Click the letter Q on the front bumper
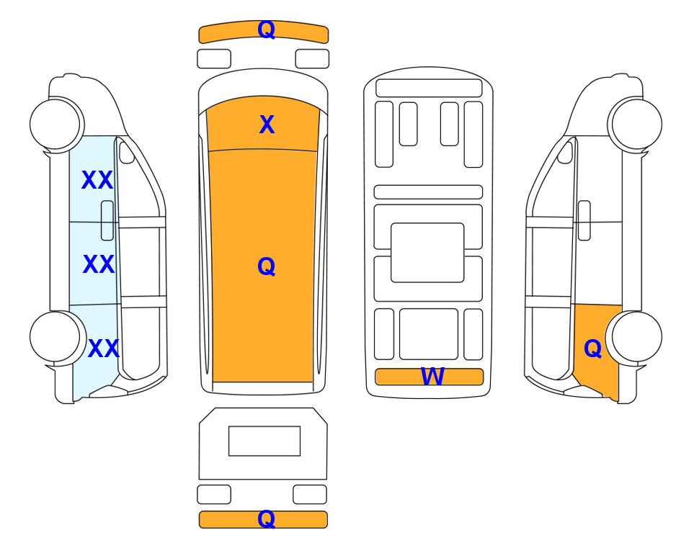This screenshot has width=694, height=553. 267,30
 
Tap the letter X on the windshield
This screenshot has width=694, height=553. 267,125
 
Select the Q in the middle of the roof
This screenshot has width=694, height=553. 267,266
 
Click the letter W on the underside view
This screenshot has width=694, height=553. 432,377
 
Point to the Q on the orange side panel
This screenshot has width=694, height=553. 592,349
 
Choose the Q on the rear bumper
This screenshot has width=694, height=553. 267,518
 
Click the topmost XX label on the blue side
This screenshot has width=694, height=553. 97,180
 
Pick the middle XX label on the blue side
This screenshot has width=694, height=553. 99,264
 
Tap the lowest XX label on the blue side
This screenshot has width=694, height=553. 104,349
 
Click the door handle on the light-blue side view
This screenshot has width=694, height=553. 107,220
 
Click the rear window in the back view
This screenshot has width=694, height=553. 264,441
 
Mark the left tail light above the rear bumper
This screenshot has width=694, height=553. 214,494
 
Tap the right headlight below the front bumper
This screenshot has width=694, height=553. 312,59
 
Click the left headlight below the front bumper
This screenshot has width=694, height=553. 214,59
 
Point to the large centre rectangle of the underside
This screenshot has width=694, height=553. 427,253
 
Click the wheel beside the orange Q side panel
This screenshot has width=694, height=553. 634,337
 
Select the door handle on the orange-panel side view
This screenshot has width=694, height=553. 584,220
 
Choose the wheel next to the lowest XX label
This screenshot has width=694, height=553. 57,337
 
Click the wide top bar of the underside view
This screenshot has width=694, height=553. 429,88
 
